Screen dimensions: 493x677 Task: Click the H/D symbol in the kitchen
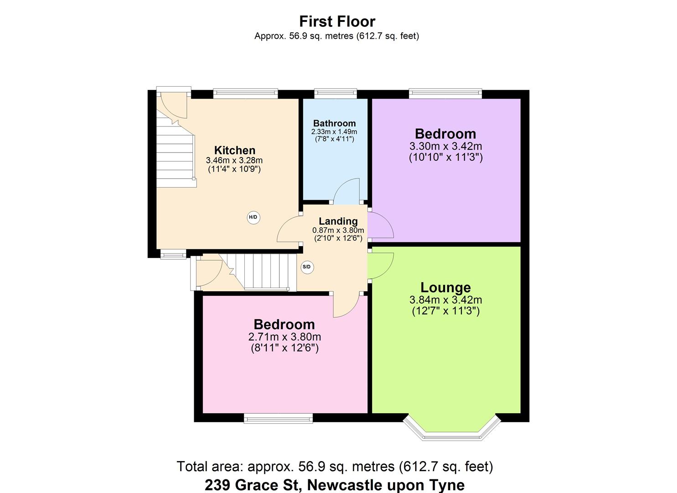[253, 218]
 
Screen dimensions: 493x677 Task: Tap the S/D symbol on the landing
[307, 267]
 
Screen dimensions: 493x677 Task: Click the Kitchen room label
[235, 150]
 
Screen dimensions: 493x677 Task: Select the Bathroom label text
[334, 123]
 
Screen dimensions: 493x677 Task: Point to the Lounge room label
[445, 288]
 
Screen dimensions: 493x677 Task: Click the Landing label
[338, 221]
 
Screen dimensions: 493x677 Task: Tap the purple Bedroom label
[445, 134]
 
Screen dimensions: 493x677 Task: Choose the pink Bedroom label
[284, 325]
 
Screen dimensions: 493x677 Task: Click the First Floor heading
[337, 21]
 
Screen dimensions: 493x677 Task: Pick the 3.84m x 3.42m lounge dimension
[445, 300]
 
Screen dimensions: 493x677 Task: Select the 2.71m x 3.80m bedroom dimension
[284, 337]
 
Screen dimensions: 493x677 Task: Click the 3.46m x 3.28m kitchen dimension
[234, 160]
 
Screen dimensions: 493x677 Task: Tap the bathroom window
[336, 93]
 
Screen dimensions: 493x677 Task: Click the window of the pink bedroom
[278, 418]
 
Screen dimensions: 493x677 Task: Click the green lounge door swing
[381, 265]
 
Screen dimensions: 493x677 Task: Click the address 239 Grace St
[335, 485]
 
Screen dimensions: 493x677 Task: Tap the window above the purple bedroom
[445, 93]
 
